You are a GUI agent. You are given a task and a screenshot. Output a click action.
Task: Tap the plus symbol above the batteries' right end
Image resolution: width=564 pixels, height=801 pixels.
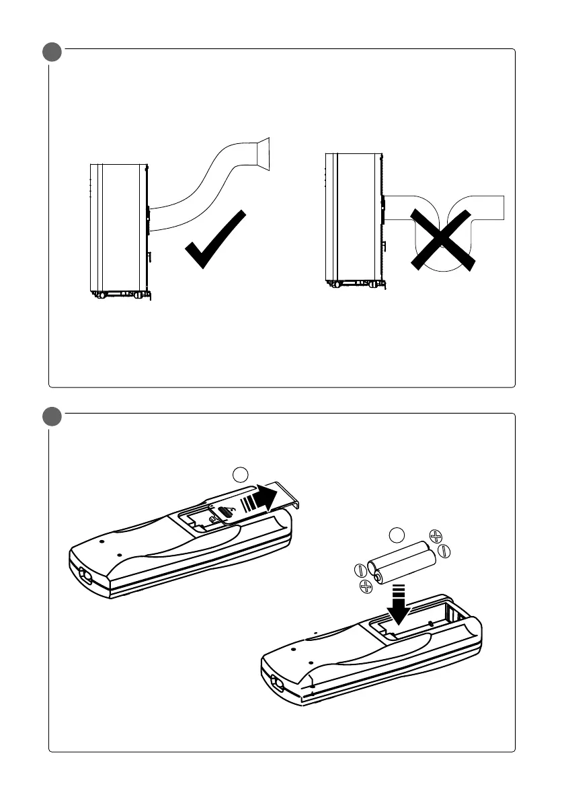point(436,536)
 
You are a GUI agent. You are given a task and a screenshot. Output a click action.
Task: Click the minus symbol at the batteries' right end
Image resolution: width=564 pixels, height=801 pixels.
point(444,551)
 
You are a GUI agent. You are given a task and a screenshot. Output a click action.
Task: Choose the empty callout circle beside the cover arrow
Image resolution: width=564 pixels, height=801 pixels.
point(241,475)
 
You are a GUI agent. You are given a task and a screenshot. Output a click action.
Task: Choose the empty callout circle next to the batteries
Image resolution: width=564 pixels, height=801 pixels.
point(398,535)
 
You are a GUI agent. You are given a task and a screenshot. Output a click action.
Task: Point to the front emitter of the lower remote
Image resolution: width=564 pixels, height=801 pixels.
point(276,682)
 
